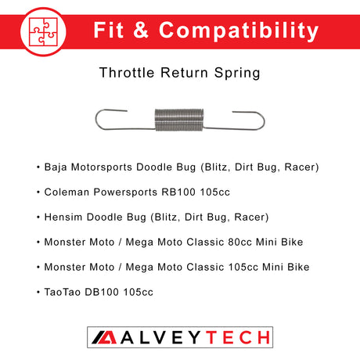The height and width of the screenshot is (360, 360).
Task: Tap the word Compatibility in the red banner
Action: point(243,31)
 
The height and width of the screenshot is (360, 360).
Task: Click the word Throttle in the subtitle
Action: point(126,74)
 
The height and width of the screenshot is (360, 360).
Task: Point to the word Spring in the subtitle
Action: point(237,74)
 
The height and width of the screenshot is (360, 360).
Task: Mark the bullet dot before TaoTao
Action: point(38,292)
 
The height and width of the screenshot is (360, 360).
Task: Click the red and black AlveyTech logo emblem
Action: point(100,337)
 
